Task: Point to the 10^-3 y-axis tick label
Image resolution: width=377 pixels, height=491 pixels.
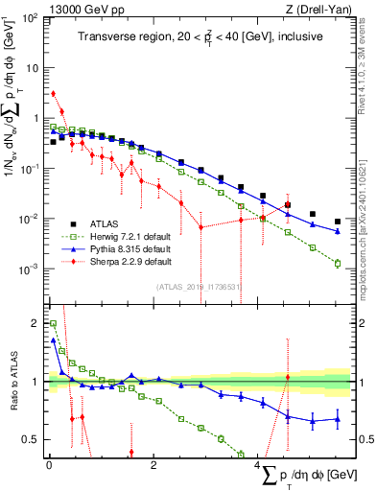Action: [x=30, y=269]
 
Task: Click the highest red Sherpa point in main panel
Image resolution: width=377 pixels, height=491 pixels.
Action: [x=53, y=94]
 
